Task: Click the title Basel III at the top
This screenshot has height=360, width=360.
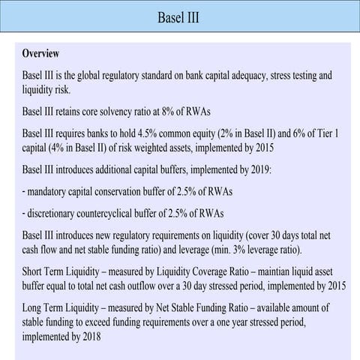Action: [x=179, y=16]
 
